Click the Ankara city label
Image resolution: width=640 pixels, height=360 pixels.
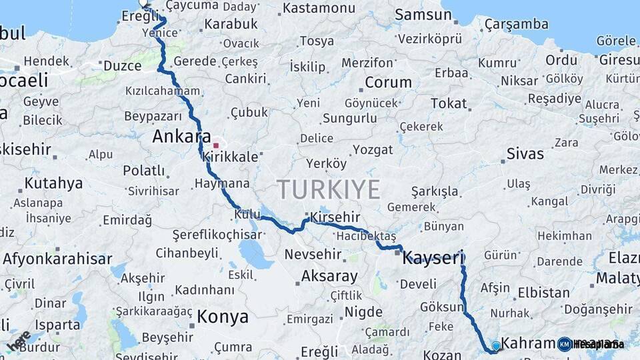coord(177,137)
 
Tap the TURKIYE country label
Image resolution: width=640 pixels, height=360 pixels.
coord(329,189)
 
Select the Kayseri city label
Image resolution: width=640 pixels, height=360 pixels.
coord(432,257)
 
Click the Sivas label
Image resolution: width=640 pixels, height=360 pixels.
coord(525,153)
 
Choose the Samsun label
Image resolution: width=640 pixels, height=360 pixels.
coord(423,15)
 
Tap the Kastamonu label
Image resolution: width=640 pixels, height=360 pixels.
coord(319,9)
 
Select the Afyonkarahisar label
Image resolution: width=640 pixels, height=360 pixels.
coord(57,259)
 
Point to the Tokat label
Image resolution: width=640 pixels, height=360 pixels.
coord(449,103)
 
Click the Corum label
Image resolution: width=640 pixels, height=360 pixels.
coord(389,83)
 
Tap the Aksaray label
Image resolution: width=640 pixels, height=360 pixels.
coord(329,275)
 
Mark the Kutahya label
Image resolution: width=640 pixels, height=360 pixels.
coord(53,183)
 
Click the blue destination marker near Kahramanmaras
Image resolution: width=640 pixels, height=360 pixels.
coord(495,345)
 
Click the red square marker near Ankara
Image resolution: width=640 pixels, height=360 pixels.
coord(215,145)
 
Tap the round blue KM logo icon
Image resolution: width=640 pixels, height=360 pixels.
coord(565,344)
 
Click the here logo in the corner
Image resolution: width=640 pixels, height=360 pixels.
coord(19,341)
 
